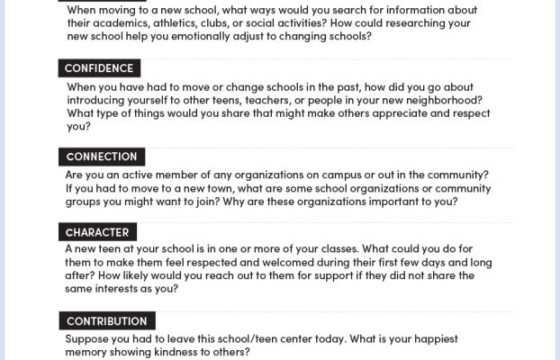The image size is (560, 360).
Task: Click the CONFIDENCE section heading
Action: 100,68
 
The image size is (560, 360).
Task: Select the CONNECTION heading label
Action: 102,157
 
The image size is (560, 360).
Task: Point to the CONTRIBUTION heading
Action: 107,320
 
